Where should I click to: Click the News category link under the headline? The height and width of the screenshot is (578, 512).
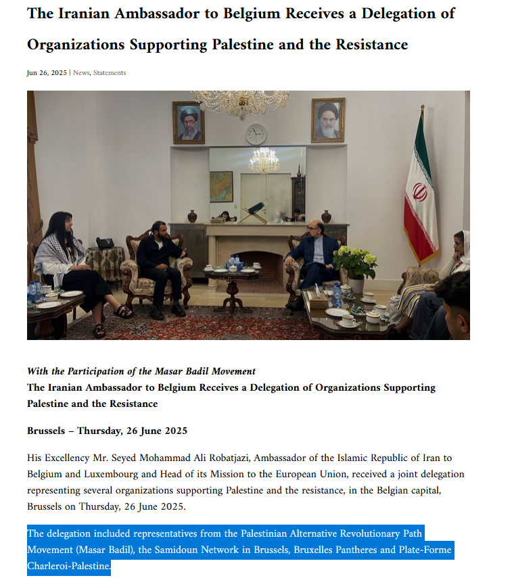(x=81, y=73)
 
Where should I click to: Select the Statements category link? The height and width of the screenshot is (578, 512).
(x=110, y=73)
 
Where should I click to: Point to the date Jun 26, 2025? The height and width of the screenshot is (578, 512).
(x=47, y=73)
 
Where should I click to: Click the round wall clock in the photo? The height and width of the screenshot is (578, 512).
(x=256, y=134)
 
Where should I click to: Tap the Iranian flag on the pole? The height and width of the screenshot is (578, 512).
(x=420, y=192)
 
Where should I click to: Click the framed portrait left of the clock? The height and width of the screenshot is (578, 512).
(x=189, y=122)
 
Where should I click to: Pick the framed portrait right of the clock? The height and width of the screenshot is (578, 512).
(x=328, y=120)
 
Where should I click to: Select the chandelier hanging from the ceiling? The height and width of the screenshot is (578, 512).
(x=241, y=102)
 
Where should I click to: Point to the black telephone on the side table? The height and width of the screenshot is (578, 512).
(x=105, y=243)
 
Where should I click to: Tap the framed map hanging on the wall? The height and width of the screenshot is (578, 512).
(x=221, y=186)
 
